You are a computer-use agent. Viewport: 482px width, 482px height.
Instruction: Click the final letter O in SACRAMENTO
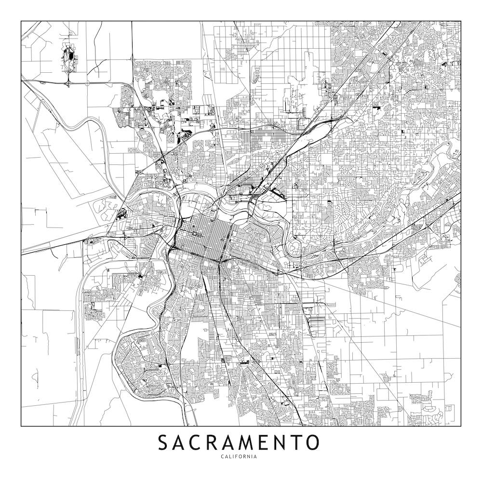pyautogui.click(x=312, y=442)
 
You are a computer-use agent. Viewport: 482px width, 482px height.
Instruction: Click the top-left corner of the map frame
pyautogui.click(x=21, y=21)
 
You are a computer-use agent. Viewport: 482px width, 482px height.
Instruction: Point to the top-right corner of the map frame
pyautogui.click(x=461, y=21)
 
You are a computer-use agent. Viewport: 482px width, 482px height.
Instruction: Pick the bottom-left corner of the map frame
pyautogui.click(x=21, y=427)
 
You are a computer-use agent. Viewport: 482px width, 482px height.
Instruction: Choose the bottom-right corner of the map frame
pyautogui.click(x=461, y=427)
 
